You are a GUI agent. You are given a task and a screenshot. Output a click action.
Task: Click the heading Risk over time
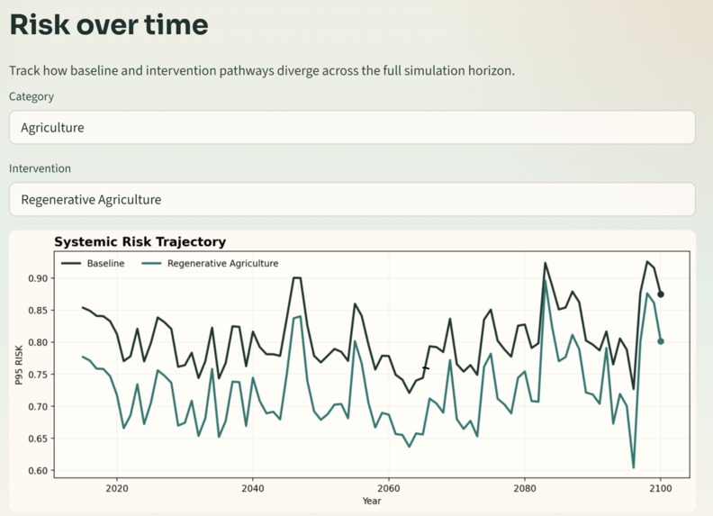tap(109, 25)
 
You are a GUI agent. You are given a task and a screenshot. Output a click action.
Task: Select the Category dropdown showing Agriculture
tap(352, 128)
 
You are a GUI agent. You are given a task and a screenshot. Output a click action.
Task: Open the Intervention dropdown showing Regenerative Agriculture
tap(352, 199)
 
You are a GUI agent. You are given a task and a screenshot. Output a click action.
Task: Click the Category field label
tap(32, 96)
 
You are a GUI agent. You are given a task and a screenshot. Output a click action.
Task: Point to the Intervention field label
tap(40, 168)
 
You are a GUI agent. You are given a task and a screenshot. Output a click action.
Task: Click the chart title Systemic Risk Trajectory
tap(140, 241)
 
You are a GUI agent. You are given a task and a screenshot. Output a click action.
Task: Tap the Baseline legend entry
tap(105, 264)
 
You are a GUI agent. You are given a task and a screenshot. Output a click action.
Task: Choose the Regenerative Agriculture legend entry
tap(222, 264)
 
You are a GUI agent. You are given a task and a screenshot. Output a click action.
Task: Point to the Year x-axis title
tap(372, 501)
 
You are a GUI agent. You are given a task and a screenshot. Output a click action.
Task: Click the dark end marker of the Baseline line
tap(661, 294)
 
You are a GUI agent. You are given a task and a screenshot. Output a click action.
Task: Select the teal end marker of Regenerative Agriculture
tap(661, 341)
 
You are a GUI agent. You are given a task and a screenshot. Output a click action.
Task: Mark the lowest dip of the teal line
tap(634, 467)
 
